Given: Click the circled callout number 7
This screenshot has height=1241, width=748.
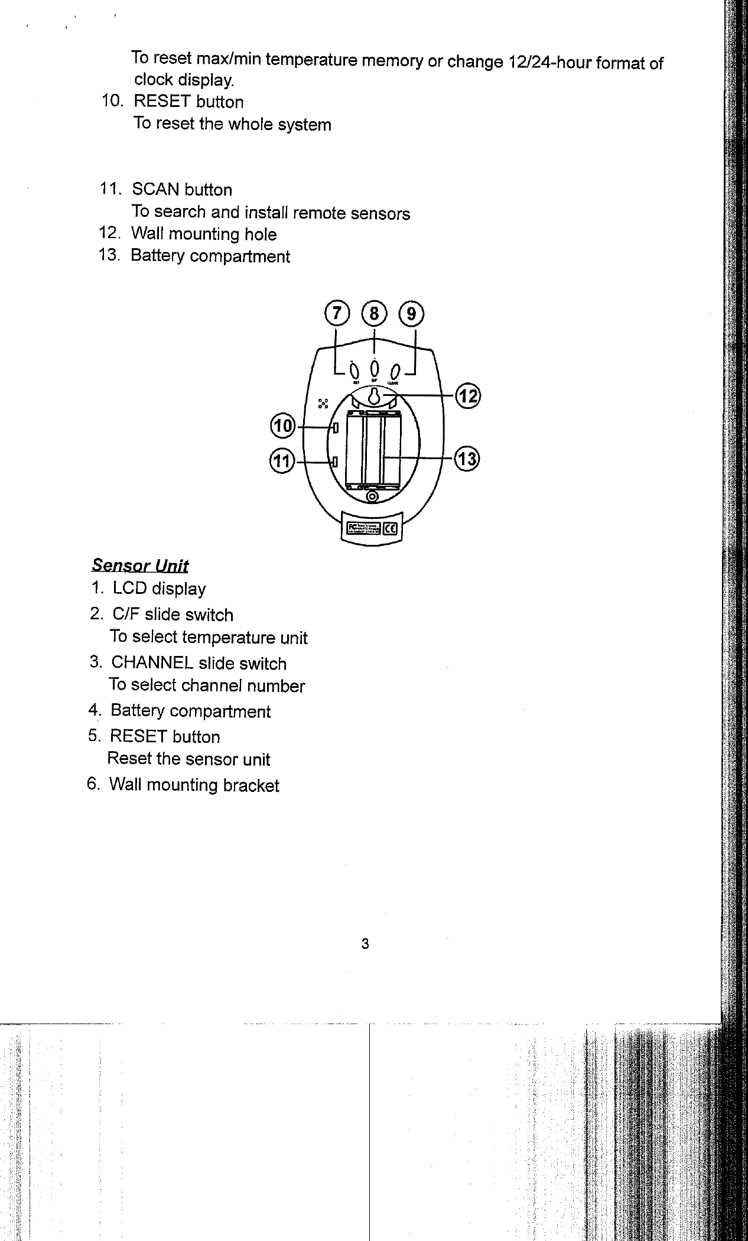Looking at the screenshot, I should [x=336, y=313].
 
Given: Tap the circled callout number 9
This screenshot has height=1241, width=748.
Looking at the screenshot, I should [x=411, y=313].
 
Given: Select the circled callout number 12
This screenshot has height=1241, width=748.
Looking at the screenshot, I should [x=467, y=395].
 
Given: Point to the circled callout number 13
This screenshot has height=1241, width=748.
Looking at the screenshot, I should [x=467, y=459].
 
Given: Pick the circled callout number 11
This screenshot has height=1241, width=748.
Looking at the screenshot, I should [x=282, y=460].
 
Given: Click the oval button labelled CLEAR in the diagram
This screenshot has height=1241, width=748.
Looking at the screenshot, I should [x=395, y=372].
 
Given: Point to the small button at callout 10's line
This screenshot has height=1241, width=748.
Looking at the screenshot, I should [x=335, y=427].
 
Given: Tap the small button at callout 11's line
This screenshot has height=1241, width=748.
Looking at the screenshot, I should [x=335, y=461].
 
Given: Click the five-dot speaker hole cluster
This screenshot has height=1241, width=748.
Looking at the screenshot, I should [x=323, y=404].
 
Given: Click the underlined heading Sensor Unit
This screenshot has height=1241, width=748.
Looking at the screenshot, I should [x=140, y=566].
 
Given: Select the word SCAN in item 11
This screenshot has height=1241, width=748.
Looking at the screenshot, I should [x=155, y=190].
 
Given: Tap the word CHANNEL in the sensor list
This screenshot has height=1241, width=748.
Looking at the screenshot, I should [x=152, y=662].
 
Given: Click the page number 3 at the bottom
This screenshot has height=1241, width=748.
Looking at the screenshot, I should [x=365, y=944].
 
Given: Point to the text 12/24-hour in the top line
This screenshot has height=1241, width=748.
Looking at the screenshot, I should [x=549, y=62].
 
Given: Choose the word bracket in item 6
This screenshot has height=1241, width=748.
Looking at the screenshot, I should [x=251, y=785].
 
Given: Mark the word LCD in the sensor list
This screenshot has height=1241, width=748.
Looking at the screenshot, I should [x=129, y=589].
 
